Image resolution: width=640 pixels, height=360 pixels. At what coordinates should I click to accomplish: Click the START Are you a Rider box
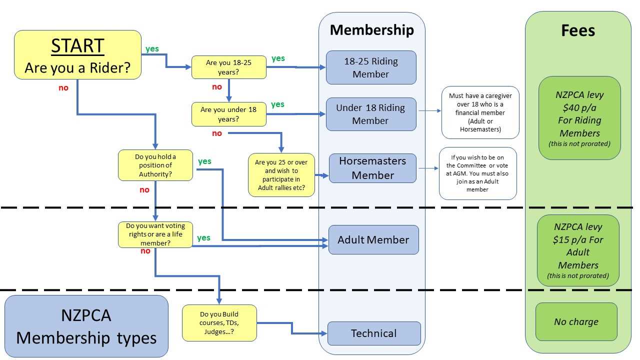[x=77, y=55]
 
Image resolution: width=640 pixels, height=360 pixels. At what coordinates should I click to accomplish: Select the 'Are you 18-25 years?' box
[x=229, y=67]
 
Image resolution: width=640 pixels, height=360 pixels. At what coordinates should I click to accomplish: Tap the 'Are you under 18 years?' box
[x=228, y=114]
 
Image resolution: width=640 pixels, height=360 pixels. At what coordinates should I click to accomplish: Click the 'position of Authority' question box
[x=155, y=165]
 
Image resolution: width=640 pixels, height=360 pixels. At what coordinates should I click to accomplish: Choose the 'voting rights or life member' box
[x=155, y=234]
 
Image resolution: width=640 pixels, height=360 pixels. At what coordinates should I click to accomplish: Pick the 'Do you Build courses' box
[x=219, y=323]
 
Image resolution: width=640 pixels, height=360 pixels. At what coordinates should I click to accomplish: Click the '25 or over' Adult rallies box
[x=281, y=174]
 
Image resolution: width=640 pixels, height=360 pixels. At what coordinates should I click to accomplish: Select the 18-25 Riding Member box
[x=371, y=67]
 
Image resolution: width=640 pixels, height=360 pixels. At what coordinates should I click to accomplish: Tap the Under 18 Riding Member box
[x=371, y=114]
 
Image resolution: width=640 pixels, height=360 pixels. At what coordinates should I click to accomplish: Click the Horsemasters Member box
[x=372, y=168]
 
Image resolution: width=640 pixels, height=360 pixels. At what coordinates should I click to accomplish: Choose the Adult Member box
[x=373, y=239]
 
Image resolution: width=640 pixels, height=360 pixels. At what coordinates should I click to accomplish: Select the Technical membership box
[x=373, y=333]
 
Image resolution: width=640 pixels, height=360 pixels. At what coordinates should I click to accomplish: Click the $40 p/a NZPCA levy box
[x=579, y=118]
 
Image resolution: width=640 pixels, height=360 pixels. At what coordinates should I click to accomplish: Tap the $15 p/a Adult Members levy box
[x=578, y=250]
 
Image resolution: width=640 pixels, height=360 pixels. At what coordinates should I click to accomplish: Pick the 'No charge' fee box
[x=576, y=322]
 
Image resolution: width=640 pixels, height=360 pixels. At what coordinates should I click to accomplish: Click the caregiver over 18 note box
[x=480, y=112]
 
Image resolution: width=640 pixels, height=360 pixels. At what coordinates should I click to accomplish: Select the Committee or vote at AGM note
[x=477, y=173]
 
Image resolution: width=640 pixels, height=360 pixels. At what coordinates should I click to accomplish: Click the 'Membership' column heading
[x=371, y=30]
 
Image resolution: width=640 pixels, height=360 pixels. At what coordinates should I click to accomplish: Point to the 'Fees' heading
[x=578, y=31]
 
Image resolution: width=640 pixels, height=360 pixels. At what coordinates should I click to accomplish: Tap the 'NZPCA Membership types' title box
[x=86, y=326]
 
